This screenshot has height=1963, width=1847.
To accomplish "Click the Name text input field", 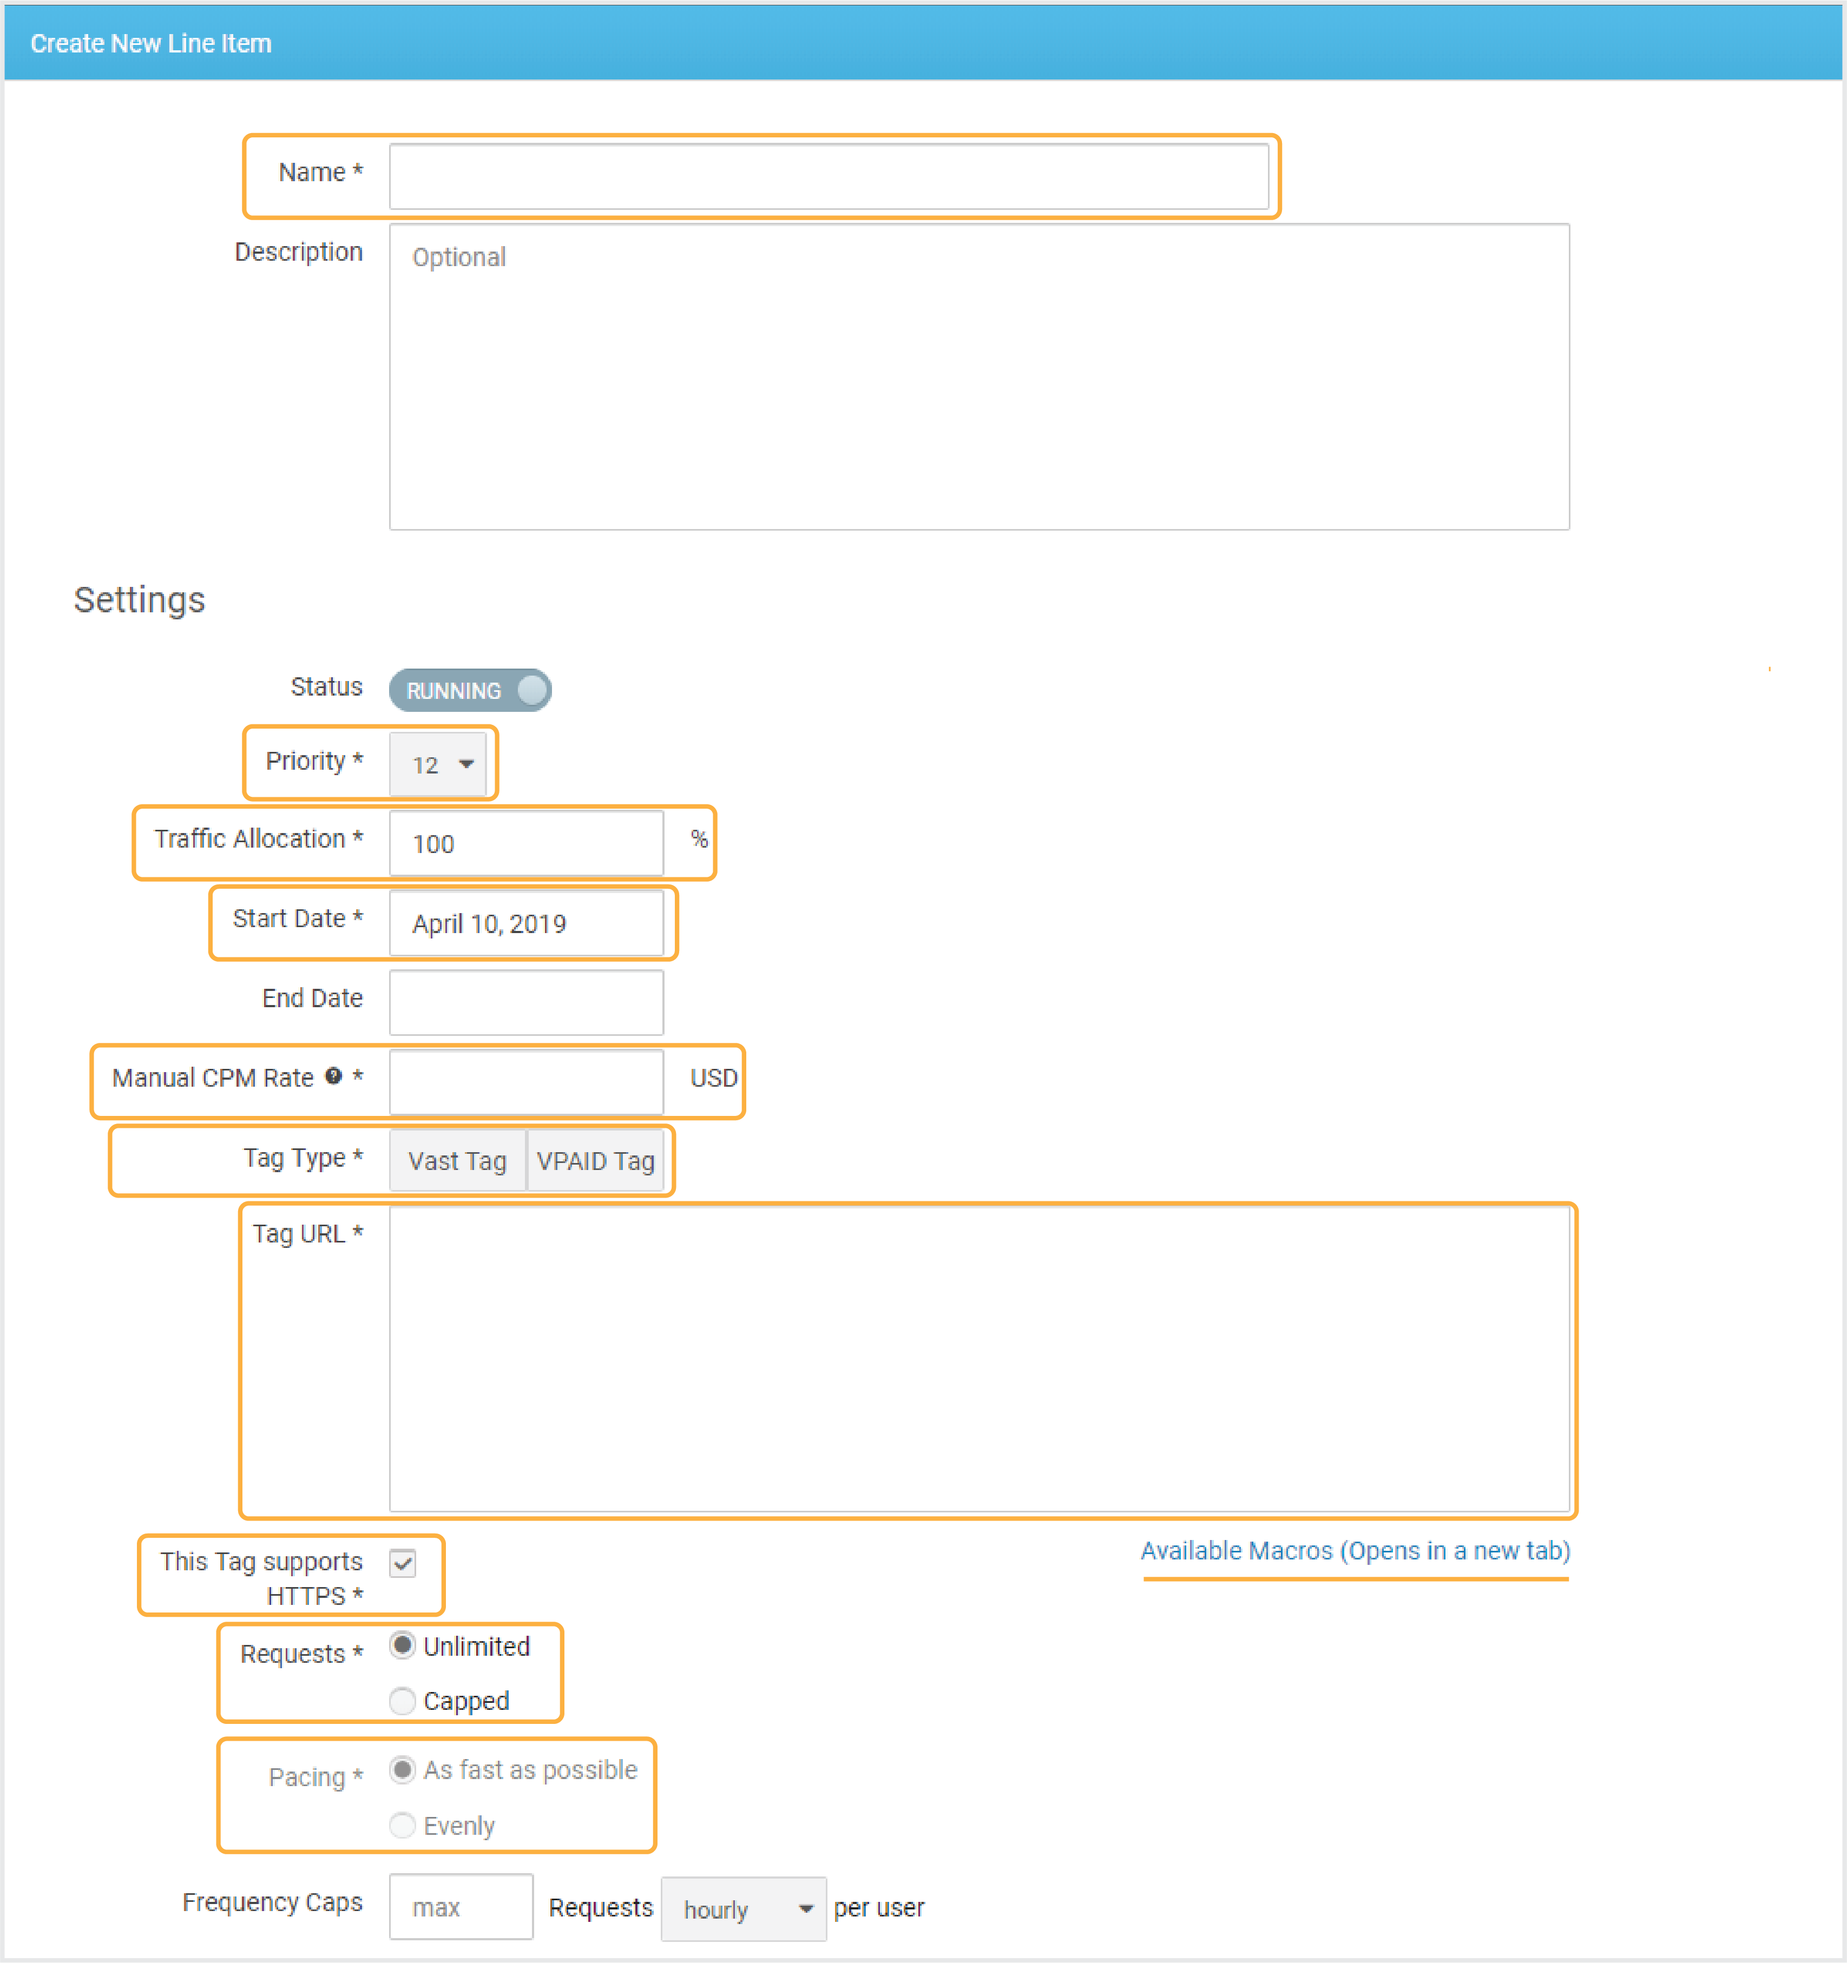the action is click(x=829, y=176).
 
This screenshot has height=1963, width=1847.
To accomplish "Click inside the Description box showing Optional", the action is click(x=979, y=376).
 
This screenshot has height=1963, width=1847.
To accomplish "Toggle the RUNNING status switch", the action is click(x=470, y=690).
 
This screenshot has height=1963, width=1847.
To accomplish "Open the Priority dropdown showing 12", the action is click(x=438, y=764).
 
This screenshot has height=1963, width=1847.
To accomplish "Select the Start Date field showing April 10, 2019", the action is click(x=527, y=923).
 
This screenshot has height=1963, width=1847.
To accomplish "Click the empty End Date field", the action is click(x=527, y=1002).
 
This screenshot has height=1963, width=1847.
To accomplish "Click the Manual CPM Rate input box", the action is click(x=527, y=1082).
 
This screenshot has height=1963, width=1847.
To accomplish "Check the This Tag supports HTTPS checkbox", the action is click(x=403, y=1563).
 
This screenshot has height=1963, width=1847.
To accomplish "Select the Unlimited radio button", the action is click(x=402, y=1645).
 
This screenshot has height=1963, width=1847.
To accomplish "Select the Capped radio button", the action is click(x=402, y=1700).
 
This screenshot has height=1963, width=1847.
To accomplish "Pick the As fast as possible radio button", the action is click(x=402, y=1769).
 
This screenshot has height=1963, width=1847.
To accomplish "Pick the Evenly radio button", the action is click(x=402, y=1825).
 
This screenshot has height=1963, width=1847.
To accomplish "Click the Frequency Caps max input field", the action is click(x=461, y=1907).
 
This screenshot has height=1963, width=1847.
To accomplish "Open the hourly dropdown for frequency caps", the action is click(x=744, y=1909).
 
